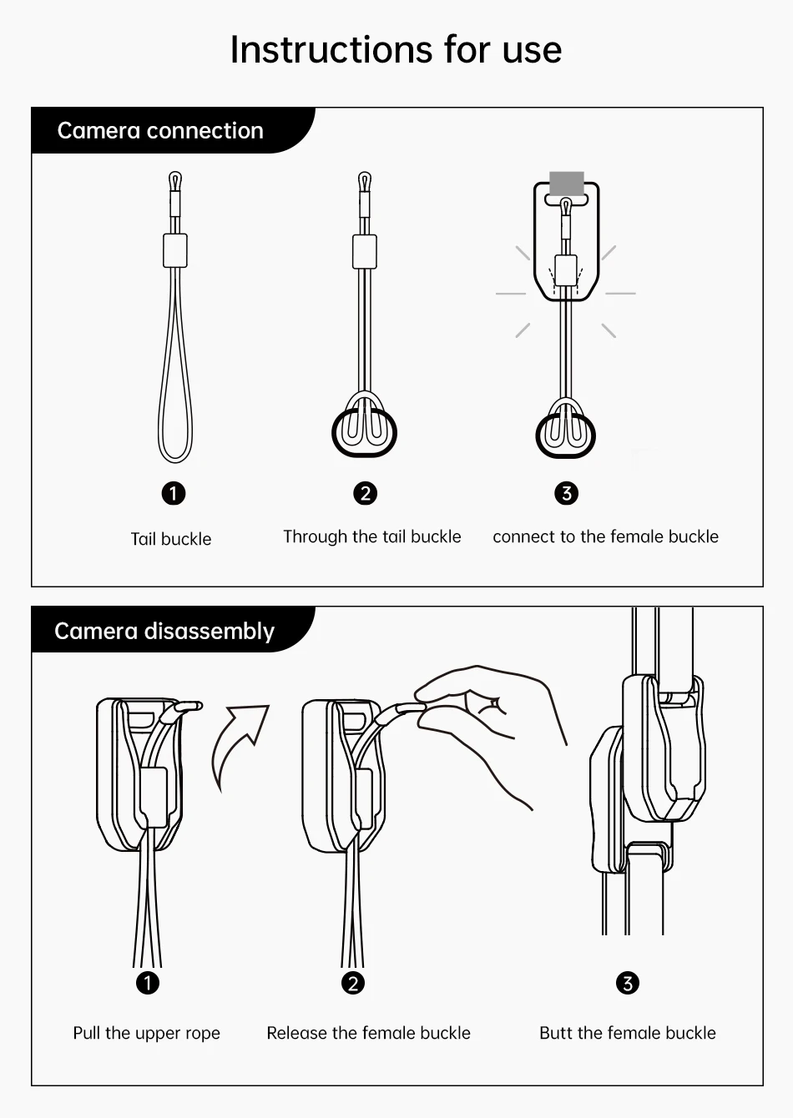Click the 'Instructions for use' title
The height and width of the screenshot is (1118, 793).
click(x=396, y=50)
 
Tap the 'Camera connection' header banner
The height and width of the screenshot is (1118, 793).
click(x=173, y=130)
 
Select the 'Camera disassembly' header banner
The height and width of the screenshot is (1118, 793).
click(x=173, y=629)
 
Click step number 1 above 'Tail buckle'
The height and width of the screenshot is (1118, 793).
click(x=174, y=494)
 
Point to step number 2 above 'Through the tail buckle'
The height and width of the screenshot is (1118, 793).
click(x=365, y=494)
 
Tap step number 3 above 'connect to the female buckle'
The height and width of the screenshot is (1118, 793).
click(x=566, y=494)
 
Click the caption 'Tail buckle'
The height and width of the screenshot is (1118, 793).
click(x=171, y=539)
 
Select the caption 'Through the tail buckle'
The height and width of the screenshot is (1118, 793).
click(x=372, y=536)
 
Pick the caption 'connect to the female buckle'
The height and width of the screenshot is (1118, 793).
click(x=606, y=536)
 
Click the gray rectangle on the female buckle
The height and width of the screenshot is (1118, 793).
click(x=566, y=184)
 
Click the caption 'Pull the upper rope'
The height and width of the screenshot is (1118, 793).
click(x=146, y=1033)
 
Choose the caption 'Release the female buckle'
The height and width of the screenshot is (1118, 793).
click(x=368, y=1033)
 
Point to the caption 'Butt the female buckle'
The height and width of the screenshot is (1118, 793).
click(x=628, y=1033)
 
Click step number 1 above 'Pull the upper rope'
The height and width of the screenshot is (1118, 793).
click(x=147, y=983)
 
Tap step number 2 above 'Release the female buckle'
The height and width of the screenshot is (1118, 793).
click(x=353, y=983)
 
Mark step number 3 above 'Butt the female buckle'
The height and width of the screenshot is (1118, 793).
click(x=628, y=983)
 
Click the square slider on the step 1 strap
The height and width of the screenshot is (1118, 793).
click(x=175, y=250)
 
